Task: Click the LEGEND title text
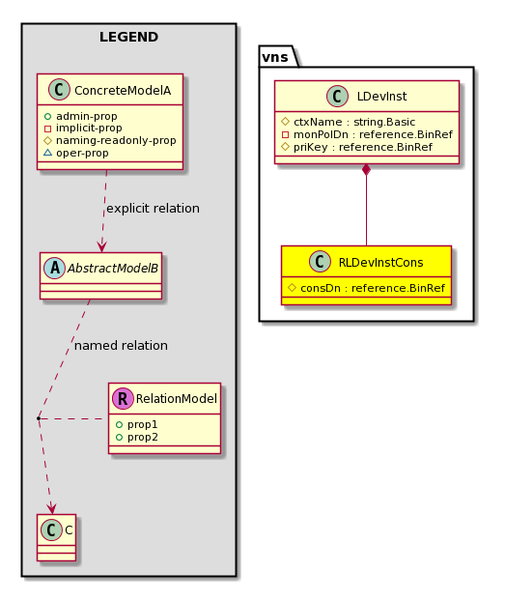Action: (128, 37)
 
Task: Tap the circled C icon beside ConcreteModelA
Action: (59, 90)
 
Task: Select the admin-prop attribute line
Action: (81, 116)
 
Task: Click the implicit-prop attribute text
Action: (89, 128)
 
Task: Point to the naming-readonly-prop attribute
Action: (116, 141)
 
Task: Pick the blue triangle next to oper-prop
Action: (47, 153)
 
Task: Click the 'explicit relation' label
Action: (153, 209)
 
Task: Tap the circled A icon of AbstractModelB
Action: (54, 269)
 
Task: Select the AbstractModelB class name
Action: (113, 269)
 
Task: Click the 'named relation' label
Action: (121, 346)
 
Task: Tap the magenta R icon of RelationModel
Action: (123, 399)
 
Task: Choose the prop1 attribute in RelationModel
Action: (142, 425)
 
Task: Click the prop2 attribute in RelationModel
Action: (143, 438)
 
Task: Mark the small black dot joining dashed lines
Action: (39, 418)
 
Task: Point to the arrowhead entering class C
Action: (52, 508)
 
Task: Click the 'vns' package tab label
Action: (275, 57)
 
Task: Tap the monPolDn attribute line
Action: (367, 134)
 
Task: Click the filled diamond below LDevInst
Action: (366, 170)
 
